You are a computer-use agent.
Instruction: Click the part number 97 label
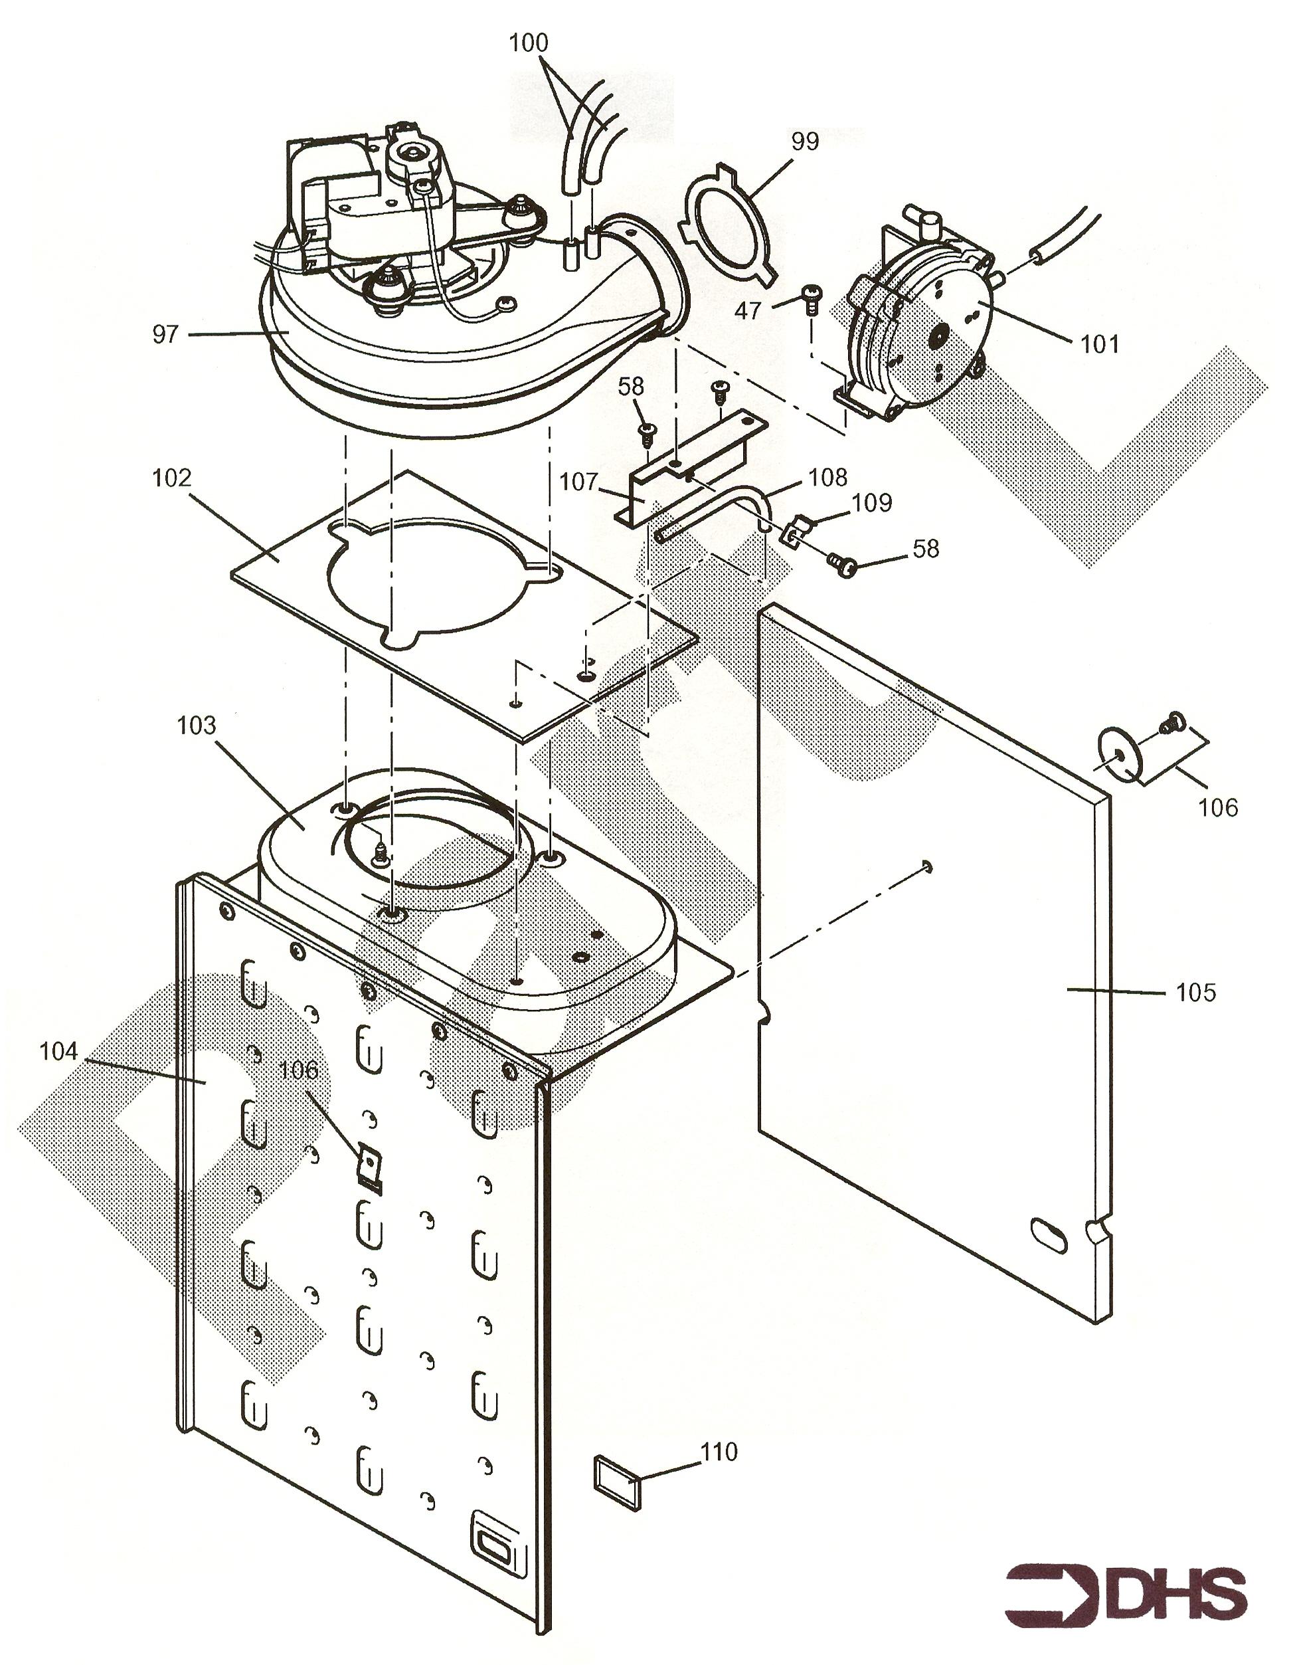click(165, 334)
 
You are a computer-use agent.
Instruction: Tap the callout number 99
click(805, 142)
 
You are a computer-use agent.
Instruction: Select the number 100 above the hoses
click(528, 43)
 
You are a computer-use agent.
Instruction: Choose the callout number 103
click(197, 725)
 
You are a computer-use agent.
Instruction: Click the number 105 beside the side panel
click(1196, 992)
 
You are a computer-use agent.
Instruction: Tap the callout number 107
click(579, 482)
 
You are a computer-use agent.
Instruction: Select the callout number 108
click(827, 477)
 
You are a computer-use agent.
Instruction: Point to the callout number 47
click(748, 310)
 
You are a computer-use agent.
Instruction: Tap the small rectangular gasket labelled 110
click(616, 1480)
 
